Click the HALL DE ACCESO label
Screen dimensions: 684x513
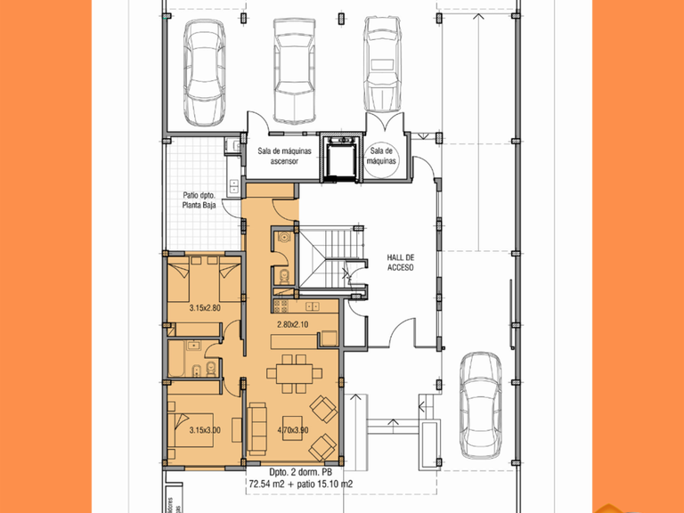401,263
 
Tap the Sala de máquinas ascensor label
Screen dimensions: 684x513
284,156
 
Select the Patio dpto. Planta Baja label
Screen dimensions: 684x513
199,200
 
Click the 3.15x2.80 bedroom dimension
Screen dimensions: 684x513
205,308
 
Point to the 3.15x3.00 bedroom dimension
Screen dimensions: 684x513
205,430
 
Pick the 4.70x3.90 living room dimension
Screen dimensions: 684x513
293,430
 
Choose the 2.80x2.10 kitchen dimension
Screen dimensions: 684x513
293,324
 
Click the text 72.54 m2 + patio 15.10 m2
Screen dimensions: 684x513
301,484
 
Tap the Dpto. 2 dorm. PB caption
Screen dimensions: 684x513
300,472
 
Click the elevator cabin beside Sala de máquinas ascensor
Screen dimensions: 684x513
342,157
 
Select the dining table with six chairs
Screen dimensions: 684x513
294,374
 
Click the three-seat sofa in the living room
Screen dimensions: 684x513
256,429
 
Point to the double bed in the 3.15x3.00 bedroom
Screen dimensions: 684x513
191,430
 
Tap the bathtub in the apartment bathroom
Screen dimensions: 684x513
176,359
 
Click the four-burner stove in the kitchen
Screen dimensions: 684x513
281,306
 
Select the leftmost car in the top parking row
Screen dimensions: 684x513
205,72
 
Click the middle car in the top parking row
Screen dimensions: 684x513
295,70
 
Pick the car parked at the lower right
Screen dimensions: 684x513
482,406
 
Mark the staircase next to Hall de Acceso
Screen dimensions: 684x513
331,257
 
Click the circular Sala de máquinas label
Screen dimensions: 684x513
382,156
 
